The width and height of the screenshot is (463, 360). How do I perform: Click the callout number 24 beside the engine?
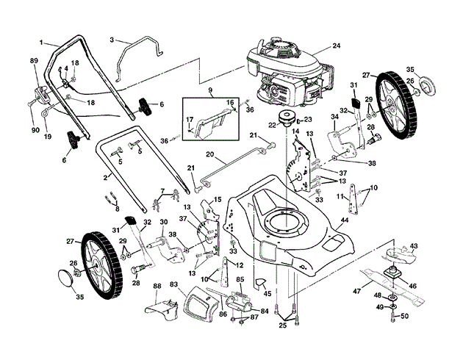(x=337, y=46)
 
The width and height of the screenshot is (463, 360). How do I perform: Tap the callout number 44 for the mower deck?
(x=345, y=220)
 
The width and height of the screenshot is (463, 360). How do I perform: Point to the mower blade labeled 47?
(x=391, y=286)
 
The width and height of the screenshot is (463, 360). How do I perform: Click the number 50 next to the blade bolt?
(x=404, y=316)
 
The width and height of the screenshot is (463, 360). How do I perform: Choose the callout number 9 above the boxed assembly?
(x=210, y=89)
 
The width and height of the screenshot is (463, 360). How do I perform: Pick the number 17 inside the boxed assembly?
(x=190, y=120)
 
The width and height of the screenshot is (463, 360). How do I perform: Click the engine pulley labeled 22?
(x=287, y=118)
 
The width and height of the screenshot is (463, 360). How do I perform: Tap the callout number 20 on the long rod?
(x=209, y=154)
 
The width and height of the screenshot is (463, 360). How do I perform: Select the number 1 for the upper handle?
(x=41, y=43)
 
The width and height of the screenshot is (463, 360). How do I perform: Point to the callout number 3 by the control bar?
(x=112, y=40)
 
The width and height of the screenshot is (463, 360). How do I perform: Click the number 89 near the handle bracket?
(x=35, y=61)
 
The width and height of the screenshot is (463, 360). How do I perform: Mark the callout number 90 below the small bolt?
(x=35, y=130)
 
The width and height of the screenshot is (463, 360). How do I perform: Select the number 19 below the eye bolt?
(x=48, y=137)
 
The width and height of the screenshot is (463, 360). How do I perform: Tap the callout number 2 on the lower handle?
(x=105, y=178)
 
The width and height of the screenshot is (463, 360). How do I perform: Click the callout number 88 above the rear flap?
(x=157, y=286)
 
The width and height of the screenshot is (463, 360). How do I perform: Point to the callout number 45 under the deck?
(x=268, y=293)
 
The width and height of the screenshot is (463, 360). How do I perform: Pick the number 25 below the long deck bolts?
(x=283, y=326)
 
